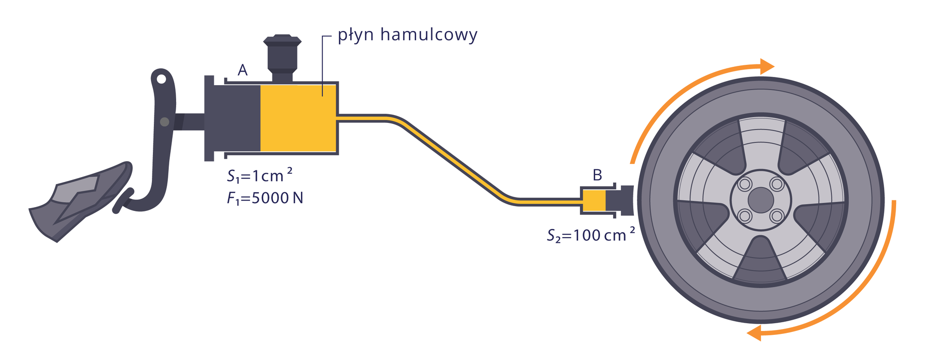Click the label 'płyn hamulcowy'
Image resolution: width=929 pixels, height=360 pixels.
point(407,35)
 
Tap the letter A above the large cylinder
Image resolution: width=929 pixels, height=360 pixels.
point(242,71)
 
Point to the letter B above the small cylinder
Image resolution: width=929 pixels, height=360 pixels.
point(597,175)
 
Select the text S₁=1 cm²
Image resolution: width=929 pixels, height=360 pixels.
point(259,176)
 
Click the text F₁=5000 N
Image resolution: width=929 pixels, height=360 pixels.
point(265,198)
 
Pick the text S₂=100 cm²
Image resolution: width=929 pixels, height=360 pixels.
point(590,235)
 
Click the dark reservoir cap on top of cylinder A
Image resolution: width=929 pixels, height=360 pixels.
point(282,54)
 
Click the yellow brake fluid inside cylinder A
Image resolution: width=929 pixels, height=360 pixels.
point(298,119)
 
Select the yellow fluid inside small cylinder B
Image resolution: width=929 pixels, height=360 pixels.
point(594,201)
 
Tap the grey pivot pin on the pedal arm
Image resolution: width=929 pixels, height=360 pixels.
point(165,122)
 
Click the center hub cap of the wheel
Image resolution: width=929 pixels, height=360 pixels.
point(760,200)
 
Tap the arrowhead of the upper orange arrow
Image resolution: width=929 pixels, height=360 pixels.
point(767,66)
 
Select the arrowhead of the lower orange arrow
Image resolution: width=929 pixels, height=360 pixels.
point(754,333)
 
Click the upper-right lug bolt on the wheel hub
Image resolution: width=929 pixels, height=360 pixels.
point(777,184)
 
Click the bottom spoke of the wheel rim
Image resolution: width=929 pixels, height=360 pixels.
point(760,261)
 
